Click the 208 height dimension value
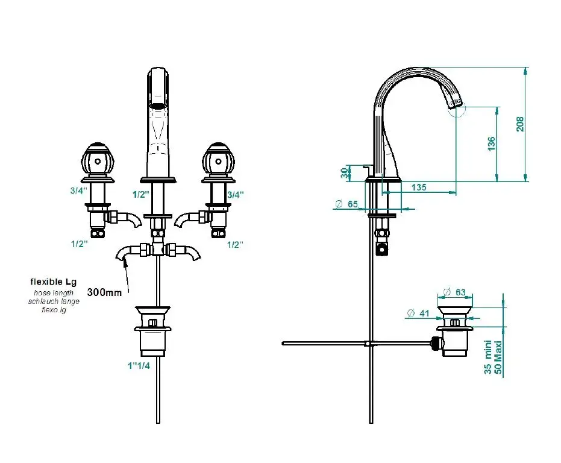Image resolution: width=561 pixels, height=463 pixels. click(x=520, y=124)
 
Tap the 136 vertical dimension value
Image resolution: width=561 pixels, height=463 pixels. click(x=492, y=143)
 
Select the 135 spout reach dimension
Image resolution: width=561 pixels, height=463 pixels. click(x=419, y=187)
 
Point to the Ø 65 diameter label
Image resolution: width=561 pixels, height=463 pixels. click(x=346, y=204)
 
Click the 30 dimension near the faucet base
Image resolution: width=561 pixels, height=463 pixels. click(x=344, y=173)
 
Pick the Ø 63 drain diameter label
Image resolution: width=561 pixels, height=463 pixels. click(x=454, y=292)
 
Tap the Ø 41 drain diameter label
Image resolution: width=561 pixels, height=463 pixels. click(x=418, y=313)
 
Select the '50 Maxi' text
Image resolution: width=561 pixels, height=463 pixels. click(x=498, y=358)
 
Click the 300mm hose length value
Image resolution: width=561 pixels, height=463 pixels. click(x=104, y=292)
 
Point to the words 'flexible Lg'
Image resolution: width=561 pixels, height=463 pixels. click(x=53, y=282)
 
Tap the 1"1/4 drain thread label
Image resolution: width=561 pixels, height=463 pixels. click(x=139, y=365)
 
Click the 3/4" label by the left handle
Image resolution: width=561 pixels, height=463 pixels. click(x=79, y=191)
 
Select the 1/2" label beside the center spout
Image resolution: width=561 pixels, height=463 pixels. click(x=141, y=195)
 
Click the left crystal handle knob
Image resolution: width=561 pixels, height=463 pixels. click(x=98, y=160)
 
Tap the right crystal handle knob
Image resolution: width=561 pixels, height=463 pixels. click(x=218, y=160)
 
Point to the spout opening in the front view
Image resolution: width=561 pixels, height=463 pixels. click(x=158, y=106)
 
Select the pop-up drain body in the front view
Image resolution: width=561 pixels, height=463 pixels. click(x=152, y=332)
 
